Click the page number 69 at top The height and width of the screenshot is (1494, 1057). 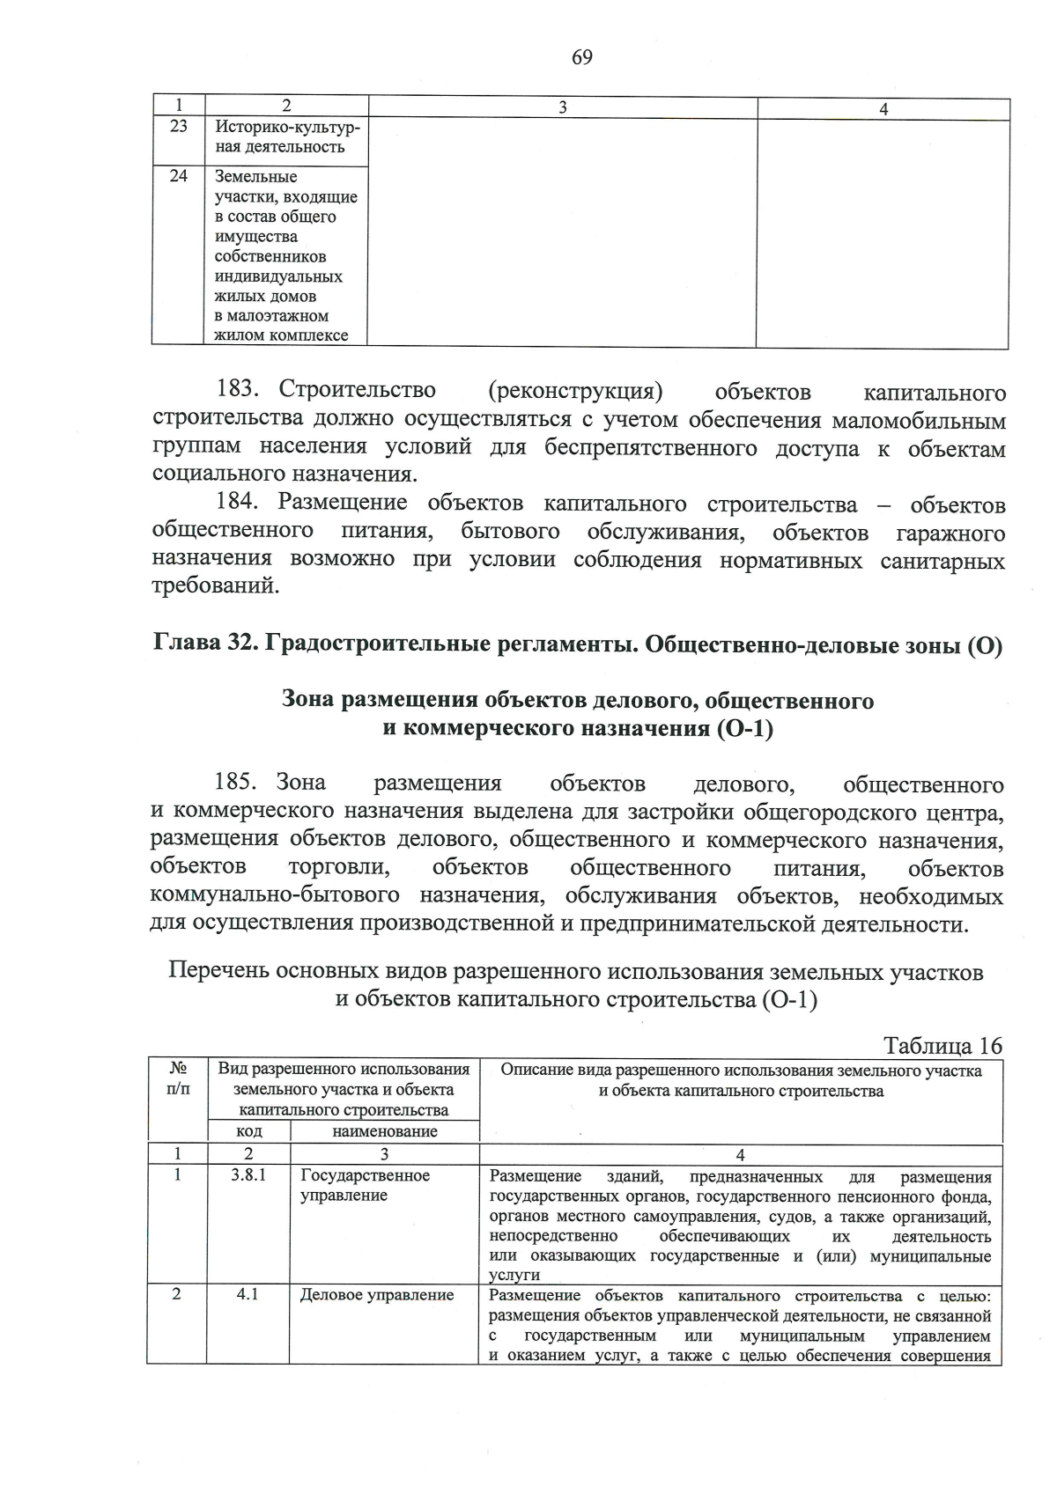pos(581,58)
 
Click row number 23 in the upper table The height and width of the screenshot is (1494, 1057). pos(179,127)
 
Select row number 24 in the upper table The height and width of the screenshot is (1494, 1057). pos(179,176)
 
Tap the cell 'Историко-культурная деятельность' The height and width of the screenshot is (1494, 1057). pos(286,137)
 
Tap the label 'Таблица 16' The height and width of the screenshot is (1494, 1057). pos(942,1045)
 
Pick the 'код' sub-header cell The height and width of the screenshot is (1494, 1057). pos(248,1131)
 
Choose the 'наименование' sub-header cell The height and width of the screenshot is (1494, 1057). pos(384,1131)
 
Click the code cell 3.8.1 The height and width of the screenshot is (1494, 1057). pos(248,1175)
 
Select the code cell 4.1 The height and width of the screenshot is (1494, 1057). pos(248,1295)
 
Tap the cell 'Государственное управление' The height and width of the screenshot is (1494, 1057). pos(365,1185)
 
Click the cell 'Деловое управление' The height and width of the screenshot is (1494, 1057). pos(377,1295)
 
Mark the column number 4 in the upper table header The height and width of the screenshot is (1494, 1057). pos(883,108)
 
